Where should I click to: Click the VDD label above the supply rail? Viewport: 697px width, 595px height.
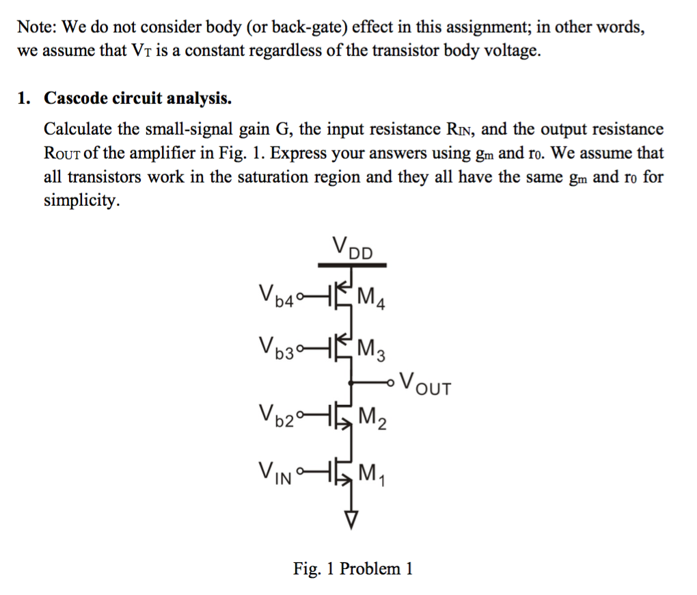[x=352, y=248]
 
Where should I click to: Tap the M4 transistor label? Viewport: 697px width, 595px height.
[x=372, y=298]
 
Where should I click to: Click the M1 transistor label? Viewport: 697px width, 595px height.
[x=372, y=472]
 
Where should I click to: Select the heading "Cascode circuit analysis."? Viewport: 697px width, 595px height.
[x=137, y=98]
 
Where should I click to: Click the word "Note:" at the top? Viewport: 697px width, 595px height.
[x=38, y=28]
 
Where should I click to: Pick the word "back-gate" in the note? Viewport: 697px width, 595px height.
[x=303, y=28]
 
